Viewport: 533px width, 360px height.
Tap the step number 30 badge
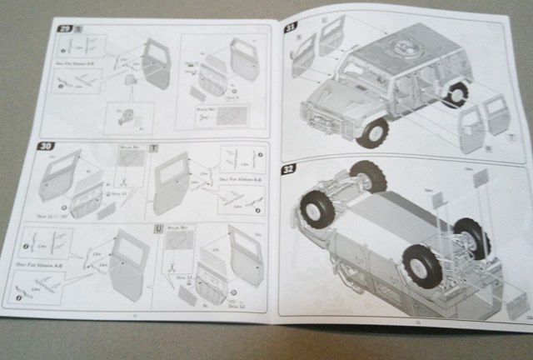click(46, 146)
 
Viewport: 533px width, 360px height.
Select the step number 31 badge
click(291, 26)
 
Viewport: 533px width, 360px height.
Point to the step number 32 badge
click(289, 169)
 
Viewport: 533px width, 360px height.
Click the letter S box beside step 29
click(78, 27)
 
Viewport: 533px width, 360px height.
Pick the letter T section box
click(152, 148)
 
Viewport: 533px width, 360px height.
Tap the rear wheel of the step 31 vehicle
click(456, 92)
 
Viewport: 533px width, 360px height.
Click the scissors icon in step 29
click(203, 117)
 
